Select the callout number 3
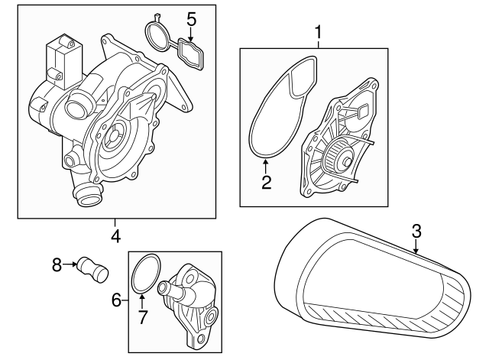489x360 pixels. [x=416, y=230]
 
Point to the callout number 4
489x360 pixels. [x=115, y=236]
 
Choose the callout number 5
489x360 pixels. [x=191, y=18]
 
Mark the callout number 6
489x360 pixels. [x=117, y=300]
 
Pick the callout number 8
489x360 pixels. [x=56, y=265]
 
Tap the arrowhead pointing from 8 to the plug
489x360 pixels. [x=75, y=265]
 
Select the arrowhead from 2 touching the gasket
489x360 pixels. [x=266, y=162]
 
